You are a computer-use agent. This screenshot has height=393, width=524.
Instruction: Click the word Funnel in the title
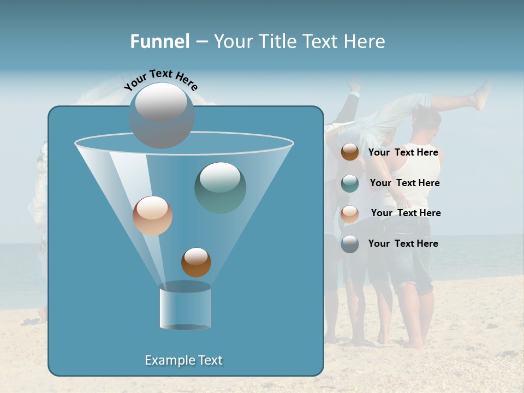(x=159, y=41)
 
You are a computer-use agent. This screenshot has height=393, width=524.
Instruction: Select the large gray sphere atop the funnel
(x=162, y=115)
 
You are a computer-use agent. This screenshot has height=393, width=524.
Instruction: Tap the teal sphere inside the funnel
(x=220, y=187)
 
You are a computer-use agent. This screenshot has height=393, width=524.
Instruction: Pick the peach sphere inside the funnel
(x=152, y=216)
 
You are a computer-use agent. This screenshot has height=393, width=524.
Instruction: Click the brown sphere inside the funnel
(x=196, y=262)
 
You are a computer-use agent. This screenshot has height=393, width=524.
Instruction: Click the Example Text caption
(x=183, y=360)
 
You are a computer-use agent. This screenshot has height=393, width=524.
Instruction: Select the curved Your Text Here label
(x=160, y=80)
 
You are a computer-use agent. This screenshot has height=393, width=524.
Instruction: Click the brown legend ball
(x=350, y=152)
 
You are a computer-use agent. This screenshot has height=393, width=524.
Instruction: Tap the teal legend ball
(x=350, y=183)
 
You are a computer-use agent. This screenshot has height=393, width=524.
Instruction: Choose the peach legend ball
(x=350, y=214)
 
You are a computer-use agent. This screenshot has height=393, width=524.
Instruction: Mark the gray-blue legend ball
(x=350, y=244)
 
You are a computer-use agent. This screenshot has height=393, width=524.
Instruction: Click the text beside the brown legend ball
(x=403, y=153)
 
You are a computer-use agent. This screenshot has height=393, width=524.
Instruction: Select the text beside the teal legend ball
(x=404, y=183)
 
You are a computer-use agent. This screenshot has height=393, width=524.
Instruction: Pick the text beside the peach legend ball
(x=406, y=213)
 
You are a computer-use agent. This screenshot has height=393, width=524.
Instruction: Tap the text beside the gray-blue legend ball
(x=403, y=243)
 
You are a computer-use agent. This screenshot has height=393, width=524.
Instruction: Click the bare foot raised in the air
(x=483, y=93)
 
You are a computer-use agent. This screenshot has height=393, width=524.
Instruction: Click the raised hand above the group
(x=355, y=83)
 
